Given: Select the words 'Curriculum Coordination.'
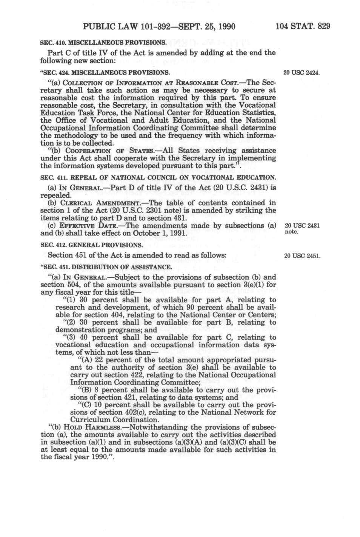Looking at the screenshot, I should (109, 420).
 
